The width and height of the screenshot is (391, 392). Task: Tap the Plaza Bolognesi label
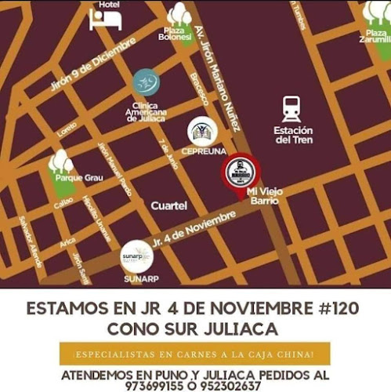[174, 34]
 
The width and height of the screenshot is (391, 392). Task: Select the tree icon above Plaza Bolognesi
[179, 13]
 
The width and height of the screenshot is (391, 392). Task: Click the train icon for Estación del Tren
[292, 108]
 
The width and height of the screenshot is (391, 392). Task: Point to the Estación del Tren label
[293, 135]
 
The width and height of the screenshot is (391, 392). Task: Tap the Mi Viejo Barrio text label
[263, 195]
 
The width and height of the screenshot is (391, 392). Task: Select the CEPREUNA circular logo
[201, 130]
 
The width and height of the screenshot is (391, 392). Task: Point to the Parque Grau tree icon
[61, 162]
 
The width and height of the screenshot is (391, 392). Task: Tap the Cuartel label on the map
[168, 205]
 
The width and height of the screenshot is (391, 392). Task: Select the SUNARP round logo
[136, 256]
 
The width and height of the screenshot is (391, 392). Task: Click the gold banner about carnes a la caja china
[194, 353]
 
